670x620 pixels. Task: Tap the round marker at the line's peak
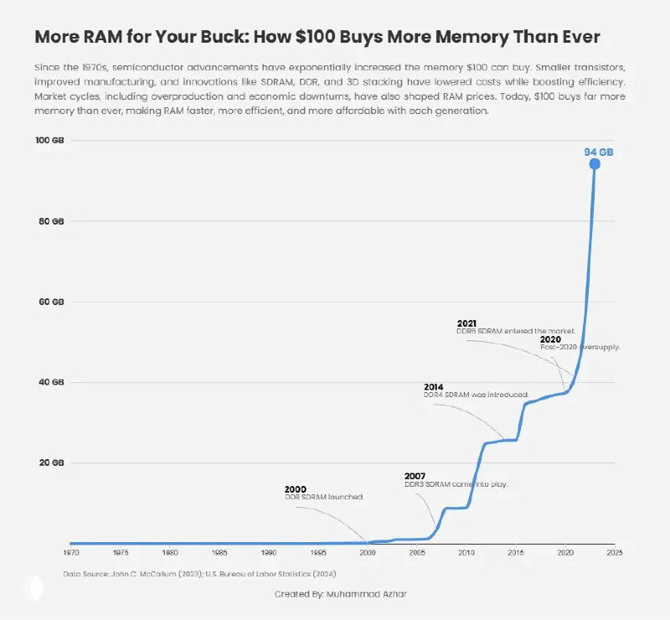pos(595,164)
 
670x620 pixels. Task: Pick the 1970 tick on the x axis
pos(71,552)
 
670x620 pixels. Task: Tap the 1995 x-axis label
pos(318,552)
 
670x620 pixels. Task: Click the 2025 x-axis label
pos(615,552)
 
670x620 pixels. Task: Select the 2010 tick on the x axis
pos(466,552)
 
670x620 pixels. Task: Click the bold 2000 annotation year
pos(296,488)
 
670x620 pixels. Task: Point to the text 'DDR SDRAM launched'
pos(324,497)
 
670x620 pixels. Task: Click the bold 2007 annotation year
pos(415,476)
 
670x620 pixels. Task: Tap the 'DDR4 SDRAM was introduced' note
pos(476,394)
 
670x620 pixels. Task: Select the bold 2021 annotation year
pos(467,323)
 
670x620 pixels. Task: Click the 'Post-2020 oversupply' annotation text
pos(580,347)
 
